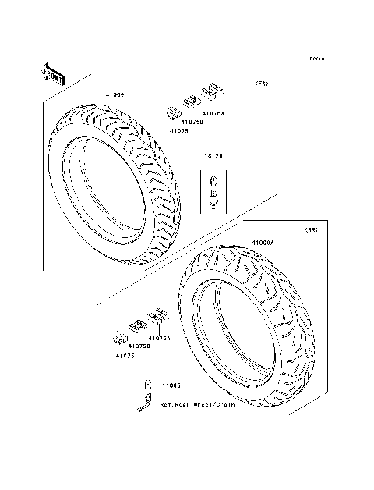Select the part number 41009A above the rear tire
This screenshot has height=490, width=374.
pyautogui.click(x=263, y=243)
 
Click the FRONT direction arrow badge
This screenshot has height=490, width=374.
pyautogui.click(x=51, y=73)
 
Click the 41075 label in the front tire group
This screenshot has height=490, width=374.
pyautogui.click(x=179, y=130)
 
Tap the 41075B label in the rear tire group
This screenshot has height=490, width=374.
pyautogui.click(x=139, y=346)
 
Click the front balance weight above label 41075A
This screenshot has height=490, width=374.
pyautogui.click(x=209, y=96)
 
